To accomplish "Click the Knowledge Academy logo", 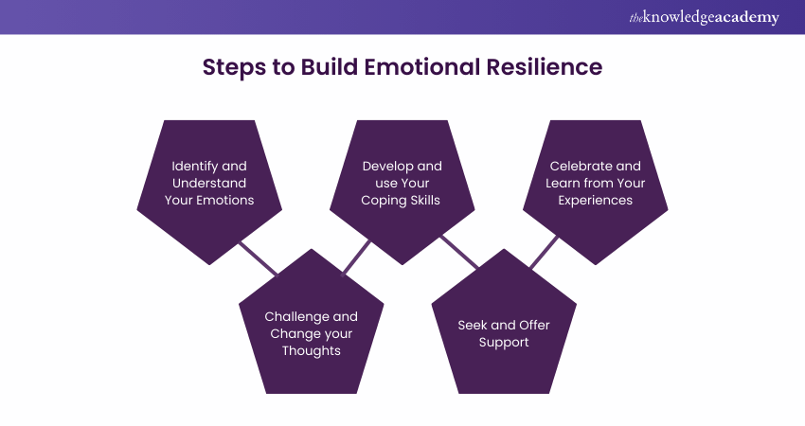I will point(704,17).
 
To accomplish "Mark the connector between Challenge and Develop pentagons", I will point(357,257).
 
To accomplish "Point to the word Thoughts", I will point(312,350).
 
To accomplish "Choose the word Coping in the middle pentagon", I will point(382,200).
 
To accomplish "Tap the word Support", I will point(504,342).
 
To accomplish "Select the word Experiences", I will point(596,200).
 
